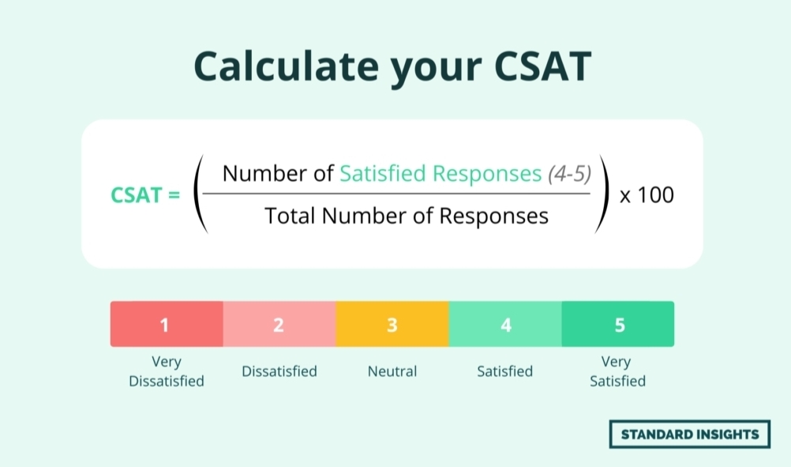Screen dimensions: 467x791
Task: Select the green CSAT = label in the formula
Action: pos(145,194)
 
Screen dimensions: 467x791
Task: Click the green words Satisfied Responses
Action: pos(440,174)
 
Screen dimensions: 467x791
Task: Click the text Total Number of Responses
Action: pos(406,215)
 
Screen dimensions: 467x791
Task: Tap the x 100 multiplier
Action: pos(647,194)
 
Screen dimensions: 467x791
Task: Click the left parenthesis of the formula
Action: pos(200,194)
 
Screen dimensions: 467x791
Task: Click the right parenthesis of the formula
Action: pos(604,194)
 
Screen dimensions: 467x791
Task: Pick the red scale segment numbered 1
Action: pos(167,324)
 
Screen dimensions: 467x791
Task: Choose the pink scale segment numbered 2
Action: pos(279,324)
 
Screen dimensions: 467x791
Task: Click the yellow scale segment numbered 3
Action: pos(392,324)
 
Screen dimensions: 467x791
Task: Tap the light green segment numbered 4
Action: pos(505,324)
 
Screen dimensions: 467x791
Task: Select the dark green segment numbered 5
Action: pos(618,324)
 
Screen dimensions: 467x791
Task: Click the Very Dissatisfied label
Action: pos(167,371)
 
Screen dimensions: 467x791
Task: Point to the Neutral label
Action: pos(392,371)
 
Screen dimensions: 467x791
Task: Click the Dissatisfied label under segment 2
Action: pos(279,371)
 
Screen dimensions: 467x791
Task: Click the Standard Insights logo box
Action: pos(690,434)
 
